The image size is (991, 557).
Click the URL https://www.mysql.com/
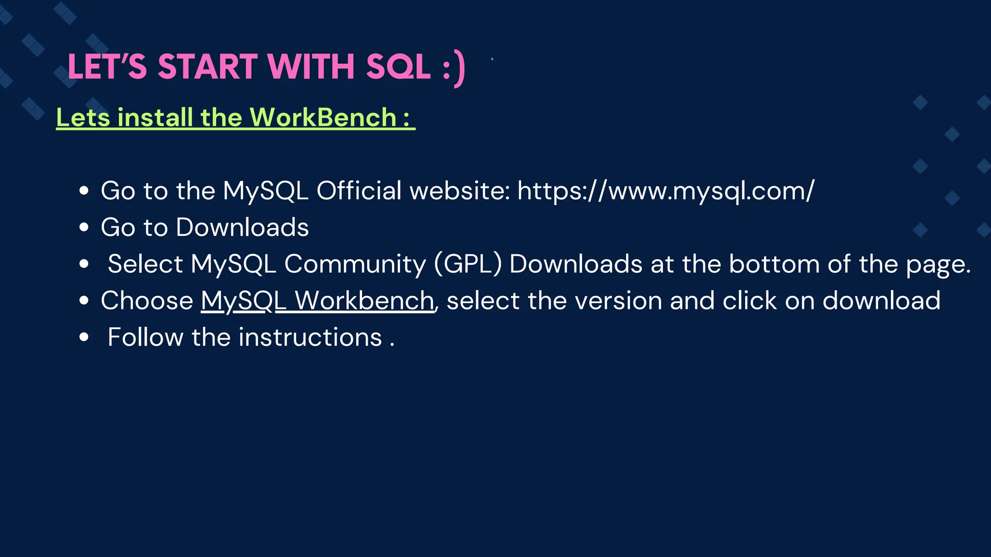[x=666, y=191]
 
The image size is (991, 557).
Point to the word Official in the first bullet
[x=359, y=191]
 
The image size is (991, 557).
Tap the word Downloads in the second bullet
[x=242, y=227]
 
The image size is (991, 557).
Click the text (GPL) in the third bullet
[x=468, y=264]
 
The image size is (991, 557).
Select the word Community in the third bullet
[x=355, y=264]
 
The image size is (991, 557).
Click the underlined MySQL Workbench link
[x=317, y=301]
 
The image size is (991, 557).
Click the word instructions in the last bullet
[x=310, y=337]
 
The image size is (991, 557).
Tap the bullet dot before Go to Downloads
[x=84, y=227]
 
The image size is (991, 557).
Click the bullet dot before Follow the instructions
[x=84, y=337]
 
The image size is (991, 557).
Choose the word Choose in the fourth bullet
[x=147, y=301]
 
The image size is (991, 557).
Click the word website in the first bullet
[x=460, y=191]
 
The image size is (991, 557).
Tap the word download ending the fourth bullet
[x=881, y=301]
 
